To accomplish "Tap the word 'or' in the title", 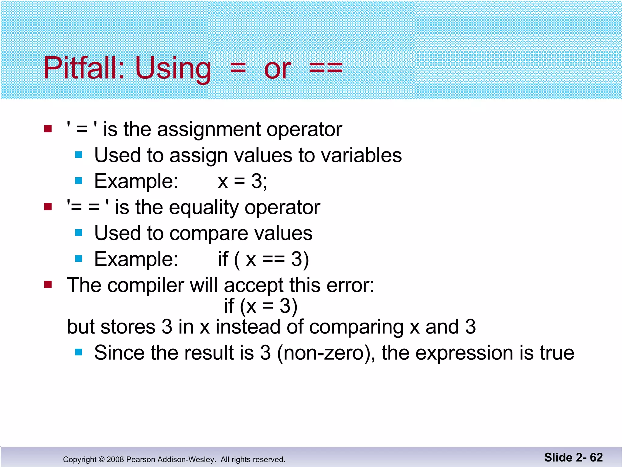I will (x=278, y=70).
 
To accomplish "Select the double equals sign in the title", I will (x=326, y=68).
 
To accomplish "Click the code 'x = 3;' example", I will (x=242, y=182).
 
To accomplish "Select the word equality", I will (x=204, y=208).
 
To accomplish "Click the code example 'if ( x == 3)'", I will (x=263, y=259).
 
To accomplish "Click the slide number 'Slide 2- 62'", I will (x=573, y=457).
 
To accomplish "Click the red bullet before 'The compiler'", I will (x=48, y=285).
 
